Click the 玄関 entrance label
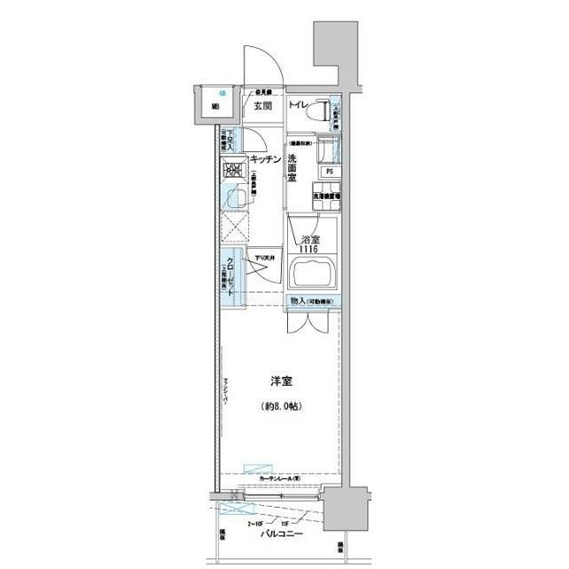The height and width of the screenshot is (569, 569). click(x=262, y=107)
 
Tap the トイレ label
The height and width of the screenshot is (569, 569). click(x=298, y=107)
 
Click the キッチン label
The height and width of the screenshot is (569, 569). click(x=266, y=159)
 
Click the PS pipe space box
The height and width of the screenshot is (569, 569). click(x=329, y=172)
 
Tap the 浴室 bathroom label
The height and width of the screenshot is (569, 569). click(x=309, y=240)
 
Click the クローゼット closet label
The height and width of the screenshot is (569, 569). click(x=230, y=277)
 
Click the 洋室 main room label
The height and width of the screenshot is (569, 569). click(x=283, y=381)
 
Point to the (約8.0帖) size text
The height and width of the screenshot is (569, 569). click(x=283, y=406)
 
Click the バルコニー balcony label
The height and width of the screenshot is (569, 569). click(x=282, y=533)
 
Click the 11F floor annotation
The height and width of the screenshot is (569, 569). click(x=285, y=524)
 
